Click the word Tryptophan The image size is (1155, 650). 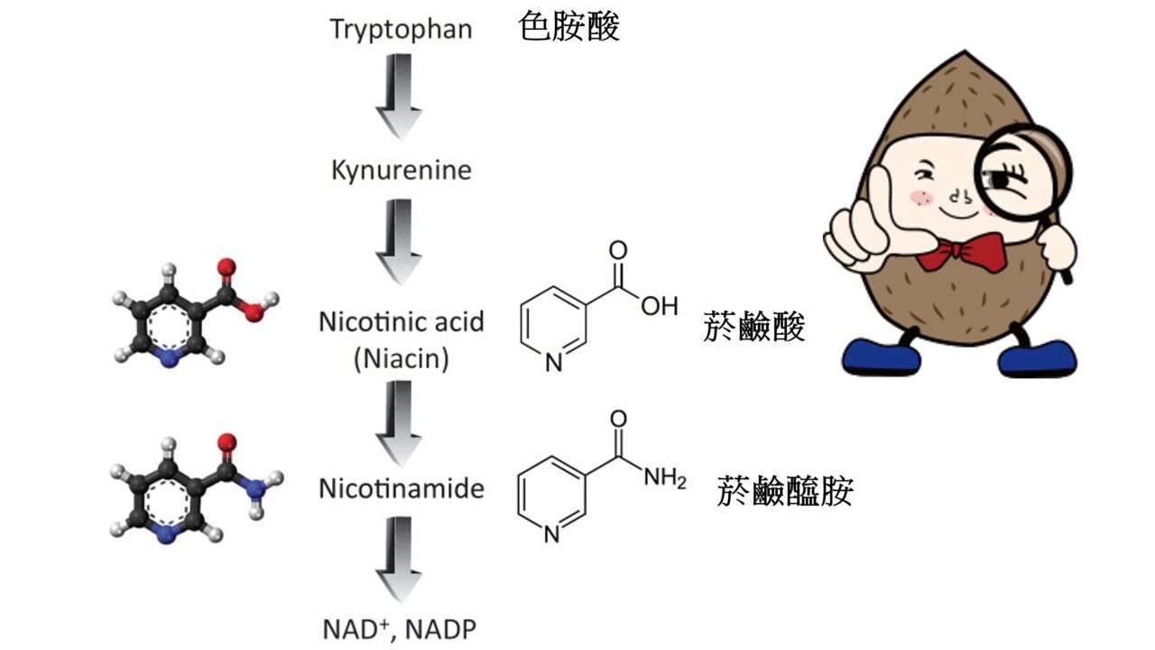point(401,28)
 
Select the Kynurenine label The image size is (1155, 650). point(401,170)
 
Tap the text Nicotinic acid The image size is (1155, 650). point(401,321)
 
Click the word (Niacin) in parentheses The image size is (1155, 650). point(401,359)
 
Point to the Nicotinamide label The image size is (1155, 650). point(401,488)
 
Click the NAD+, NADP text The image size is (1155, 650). point(401,627)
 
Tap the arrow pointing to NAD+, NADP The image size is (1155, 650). point(399,560)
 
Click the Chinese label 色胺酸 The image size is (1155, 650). point(569,27)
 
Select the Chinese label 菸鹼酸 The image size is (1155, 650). point(753,328)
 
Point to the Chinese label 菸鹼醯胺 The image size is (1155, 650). point(785,492)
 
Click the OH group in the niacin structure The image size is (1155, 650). point(659,306)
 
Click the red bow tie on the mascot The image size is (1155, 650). point(960,252)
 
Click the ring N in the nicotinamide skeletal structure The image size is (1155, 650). point(552,534)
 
